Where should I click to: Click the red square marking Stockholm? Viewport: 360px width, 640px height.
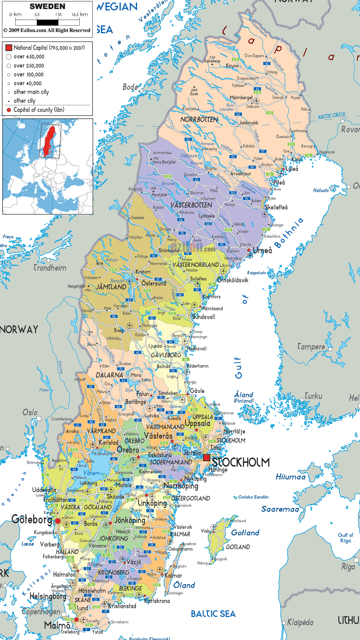[206, 458]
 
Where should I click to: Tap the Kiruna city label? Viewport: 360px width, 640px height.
[232, 66]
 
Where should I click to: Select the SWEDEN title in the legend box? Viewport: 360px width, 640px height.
[47, 6]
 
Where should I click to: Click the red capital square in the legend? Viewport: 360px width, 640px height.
[9, 48]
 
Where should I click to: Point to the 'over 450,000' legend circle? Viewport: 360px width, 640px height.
[9, 57]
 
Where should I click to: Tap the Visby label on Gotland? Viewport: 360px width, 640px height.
[206, 531]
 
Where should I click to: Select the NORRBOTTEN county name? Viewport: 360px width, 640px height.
[199, 119]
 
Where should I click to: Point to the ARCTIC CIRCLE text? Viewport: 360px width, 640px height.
[332, 116]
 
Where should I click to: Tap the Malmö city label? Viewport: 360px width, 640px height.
[57, 625]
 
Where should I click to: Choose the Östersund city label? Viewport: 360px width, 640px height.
[154, 284]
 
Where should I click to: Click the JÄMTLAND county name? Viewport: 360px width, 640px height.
[111, 287]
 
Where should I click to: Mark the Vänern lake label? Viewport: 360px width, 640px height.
[92, 473]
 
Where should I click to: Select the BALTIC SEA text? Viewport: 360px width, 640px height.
[213, 614]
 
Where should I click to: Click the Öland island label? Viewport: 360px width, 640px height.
[184, 585]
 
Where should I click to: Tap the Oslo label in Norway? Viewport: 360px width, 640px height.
[30, 412]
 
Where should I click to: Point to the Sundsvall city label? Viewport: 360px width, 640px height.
[204, 317]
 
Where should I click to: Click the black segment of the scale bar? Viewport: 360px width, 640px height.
[47, 22]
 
